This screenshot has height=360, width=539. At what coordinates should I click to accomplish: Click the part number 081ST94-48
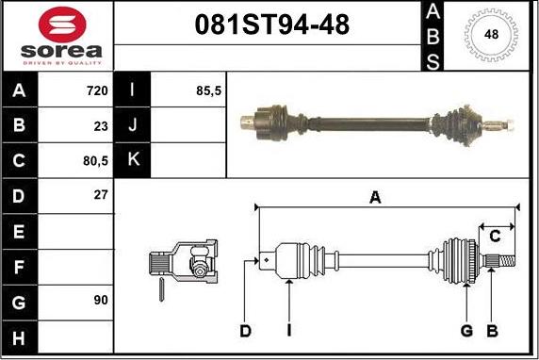click(272, 25)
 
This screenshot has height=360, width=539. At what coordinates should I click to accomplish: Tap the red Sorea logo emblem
click(62, 25)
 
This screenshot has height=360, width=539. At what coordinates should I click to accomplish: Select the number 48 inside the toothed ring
click(491, 34)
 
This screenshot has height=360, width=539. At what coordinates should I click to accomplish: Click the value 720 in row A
click(97, 90)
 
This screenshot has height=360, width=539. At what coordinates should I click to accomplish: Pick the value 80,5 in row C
click(95, 160)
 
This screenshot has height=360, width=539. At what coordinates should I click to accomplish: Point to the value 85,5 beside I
click(208, 90)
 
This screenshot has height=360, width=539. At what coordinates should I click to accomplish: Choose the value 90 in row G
click(101, 300)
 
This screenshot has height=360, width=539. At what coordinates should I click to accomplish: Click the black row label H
click(19, 338)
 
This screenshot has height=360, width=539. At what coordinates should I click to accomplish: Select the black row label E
click(19, 232)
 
